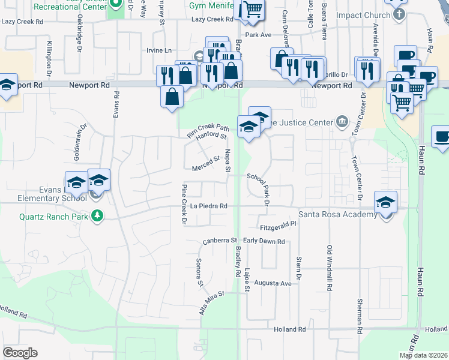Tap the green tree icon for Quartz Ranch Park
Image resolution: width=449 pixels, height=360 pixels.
[x=96, y=216]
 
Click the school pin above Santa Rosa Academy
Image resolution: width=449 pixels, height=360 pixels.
[x=385, y=202]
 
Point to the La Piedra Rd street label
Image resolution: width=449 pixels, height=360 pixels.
[x=208, y=206]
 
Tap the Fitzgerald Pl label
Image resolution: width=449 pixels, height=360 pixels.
[x=279, y=228]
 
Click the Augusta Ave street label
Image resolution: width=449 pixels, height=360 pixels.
[x=273, y=283]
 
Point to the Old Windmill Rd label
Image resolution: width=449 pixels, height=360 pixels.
[x=329, y=268]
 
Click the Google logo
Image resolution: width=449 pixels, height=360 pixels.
[x=20, y=353]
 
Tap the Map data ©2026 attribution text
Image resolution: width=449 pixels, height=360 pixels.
[x=424, y=355]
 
